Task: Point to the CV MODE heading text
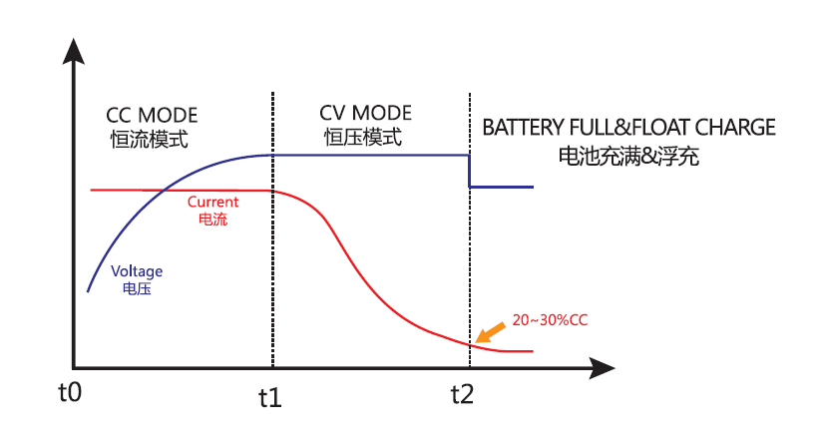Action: click(365, 113)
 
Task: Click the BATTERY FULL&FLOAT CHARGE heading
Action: click(628, 128)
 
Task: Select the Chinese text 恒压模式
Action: click(363, 138)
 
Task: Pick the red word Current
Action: click(212, 202)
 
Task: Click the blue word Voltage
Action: click(137, 270)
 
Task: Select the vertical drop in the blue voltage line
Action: click(470, 171)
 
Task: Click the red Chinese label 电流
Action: click(213, 219)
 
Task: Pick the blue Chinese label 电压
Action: click(136, 288)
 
